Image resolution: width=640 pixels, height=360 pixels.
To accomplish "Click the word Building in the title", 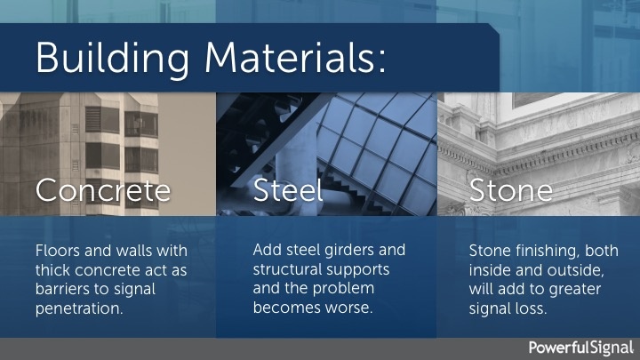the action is click(x=113, y=58).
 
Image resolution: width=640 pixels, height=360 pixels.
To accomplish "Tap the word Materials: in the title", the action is click(x=295, y=57).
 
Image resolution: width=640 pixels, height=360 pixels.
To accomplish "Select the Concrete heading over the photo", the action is click(x=103, y=190).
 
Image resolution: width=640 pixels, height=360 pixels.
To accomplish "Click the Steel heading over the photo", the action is click(x=288, y=189).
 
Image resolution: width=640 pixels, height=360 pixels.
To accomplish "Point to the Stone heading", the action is click(x=510, y=190).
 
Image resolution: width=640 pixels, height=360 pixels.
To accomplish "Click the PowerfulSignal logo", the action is click(x=581, y=348).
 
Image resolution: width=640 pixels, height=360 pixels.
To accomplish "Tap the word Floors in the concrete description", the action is click(x=58, y=250).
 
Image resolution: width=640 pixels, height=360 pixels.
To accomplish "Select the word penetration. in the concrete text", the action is click(x=79, y=308).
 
